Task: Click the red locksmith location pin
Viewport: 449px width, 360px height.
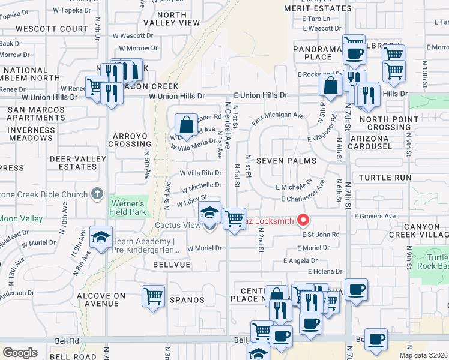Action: coord(303,221)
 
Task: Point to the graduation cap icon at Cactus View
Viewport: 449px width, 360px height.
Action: coord(209,213)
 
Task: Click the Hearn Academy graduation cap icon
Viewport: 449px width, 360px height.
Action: coord(101,237)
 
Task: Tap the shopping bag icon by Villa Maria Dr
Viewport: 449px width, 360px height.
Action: coord(187,126)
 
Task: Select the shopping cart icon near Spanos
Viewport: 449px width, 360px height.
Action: coord(154,296)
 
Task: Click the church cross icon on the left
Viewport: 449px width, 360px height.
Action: coord(97,193)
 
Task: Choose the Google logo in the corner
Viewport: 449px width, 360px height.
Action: coord(20,352)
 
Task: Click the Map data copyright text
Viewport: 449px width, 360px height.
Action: coord(423,355)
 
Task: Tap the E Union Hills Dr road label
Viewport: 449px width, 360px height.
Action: coord(261,95)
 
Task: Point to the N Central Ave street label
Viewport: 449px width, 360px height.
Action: coord(229,126)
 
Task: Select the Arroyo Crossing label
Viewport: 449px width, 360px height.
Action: coord(130,140)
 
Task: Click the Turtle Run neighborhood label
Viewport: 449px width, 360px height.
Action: coord(385,178)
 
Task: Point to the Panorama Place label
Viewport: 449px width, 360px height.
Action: coord(312,53)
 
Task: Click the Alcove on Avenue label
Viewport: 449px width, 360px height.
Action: coord(101,299)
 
